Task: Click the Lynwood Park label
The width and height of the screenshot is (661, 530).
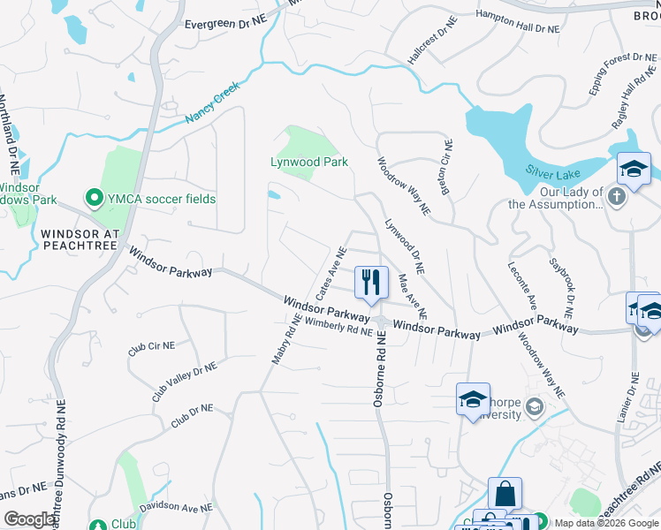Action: pos(309,163)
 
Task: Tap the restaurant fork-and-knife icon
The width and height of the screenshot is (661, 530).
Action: pos(371,282)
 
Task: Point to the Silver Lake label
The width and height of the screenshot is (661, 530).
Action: pos(553,169)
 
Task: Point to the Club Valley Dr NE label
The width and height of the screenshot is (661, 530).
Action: pos(184,382)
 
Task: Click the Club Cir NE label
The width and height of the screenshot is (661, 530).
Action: pos(151,349)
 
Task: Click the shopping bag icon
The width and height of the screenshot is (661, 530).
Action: pos(505,494)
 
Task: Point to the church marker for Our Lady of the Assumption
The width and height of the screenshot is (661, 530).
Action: pos(618,196)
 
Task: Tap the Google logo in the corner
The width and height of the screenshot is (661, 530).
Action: pos(30,519)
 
